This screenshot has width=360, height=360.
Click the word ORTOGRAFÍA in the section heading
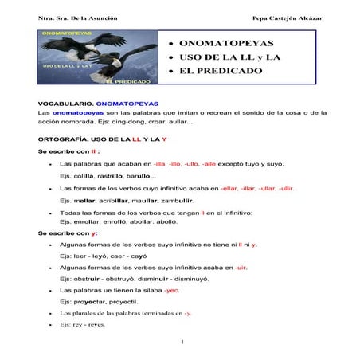(x=65, y=139)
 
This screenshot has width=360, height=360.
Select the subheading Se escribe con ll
(x=68, y=151)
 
